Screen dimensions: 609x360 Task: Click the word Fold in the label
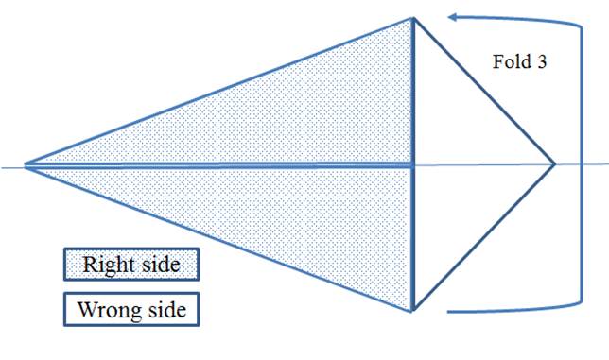tap(512, 61)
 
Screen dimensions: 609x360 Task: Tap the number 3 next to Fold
tap(542, 62)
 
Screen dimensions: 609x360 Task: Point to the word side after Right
tap(161, 265)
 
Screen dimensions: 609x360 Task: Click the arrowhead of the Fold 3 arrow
tap(454, 17)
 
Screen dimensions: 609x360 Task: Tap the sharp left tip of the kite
tap(25, 164)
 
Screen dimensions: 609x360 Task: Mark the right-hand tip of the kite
tap(554, 164)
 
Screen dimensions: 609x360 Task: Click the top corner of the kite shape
tap(413, 17)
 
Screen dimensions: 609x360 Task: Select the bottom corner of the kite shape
tap(413, 311)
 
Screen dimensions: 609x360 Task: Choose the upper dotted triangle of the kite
tap(284, 116)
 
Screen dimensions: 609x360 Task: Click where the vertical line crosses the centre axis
tap(413, 164)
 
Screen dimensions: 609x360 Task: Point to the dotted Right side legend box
tap(131, 265)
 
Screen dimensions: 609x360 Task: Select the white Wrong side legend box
tap(131, 309)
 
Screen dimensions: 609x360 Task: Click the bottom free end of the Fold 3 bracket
tap(448, 312)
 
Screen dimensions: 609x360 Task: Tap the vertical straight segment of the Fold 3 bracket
tap(582, 164)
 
